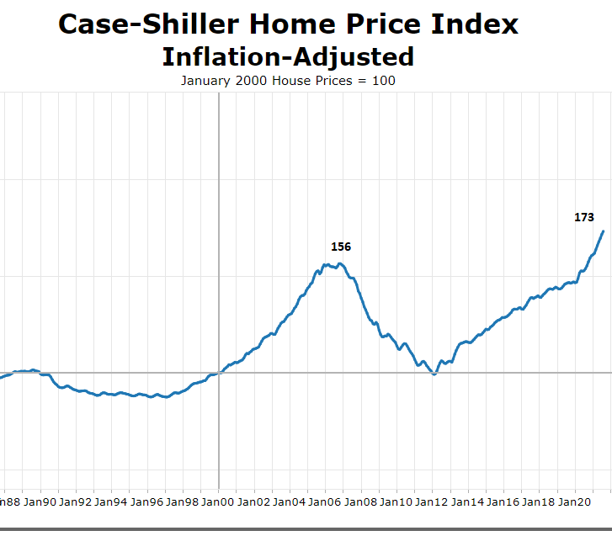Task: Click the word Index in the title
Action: tap(477, 24)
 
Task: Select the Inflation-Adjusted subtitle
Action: tap(288, 56)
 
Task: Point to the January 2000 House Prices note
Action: tap(288, 81)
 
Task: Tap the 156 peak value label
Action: tap(341, 247)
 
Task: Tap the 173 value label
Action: tap(584, 217)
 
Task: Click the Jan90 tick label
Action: tap(40, 502)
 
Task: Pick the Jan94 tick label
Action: tap(111, 502)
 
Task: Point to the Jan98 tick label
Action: tap(183, 502)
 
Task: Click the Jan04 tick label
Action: tap(290, 502)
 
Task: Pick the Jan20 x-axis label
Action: tap(575, 502)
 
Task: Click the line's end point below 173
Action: tap(604, 231)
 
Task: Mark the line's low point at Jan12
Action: tap(434, 374)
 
